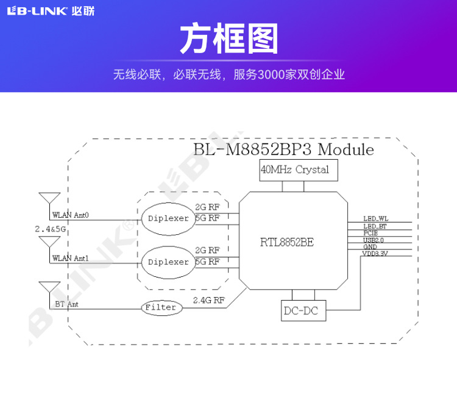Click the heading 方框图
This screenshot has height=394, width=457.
[x=228, y=40]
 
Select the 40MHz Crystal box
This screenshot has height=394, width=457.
[x=294, y=170]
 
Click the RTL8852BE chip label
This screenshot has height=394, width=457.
[x=286, y=242]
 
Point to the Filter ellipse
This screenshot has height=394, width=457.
[x=161, y=307]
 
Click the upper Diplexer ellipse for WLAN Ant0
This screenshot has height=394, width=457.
[x=168, y=218]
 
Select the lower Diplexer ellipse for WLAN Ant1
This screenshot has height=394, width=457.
[x=168, y=262]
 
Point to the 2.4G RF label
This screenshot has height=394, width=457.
[x=208, y=300]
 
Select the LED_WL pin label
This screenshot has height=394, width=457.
[x=375, y=219]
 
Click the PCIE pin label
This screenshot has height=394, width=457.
[x=370, y=233]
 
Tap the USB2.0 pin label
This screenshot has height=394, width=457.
[x=373, y=240]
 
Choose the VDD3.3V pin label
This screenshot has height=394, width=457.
[x=375, y=253]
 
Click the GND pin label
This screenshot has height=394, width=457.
[x=370, y=246]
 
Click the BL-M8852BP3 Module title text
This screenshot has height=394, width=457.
[x=283, y=149]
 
